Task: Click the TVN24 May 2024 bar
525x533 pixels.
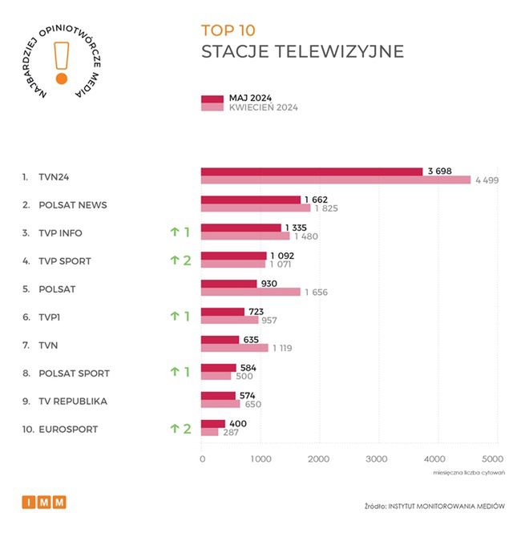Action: pos(311,172)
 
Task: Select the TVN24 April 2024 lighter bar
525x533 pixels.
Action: pos(335,180)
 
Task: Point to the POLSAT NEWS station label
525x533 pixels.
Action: pos(72,205)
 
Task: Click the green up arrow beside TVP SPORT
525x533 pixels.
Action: pos(173,260)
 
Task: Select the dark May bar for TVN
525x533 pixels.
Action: pos(220,340)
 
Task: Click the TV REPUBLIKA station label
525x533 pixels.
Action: pos(73,401)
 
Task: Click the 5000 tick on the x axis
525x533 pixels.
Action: pos(493,459)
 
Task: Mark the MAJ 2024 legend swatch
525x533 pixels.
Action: pos(212,99)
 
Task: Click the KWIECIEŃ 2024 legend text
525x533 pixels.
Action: pos(264,107)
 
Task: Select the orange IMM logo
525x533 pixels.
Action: pos(44,503)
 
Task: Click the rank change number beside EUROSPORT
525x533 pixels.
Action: pos(187,429)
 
